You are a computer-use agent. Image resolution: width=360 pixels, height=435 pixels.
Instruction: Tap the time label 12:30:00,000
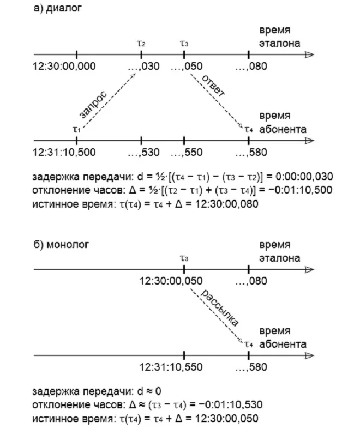tap(64, 67)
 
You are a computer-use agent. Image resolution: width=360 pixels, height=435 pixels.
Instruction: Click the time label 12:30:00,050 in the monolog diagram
tap(171, 281)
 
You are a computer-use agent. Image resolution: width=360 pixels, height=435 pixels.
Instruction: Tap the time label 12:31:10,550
tap(171, 366)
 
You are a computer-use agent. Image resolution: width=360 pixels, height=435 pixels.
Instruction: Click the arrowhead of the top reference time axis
tap(309, 55)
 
